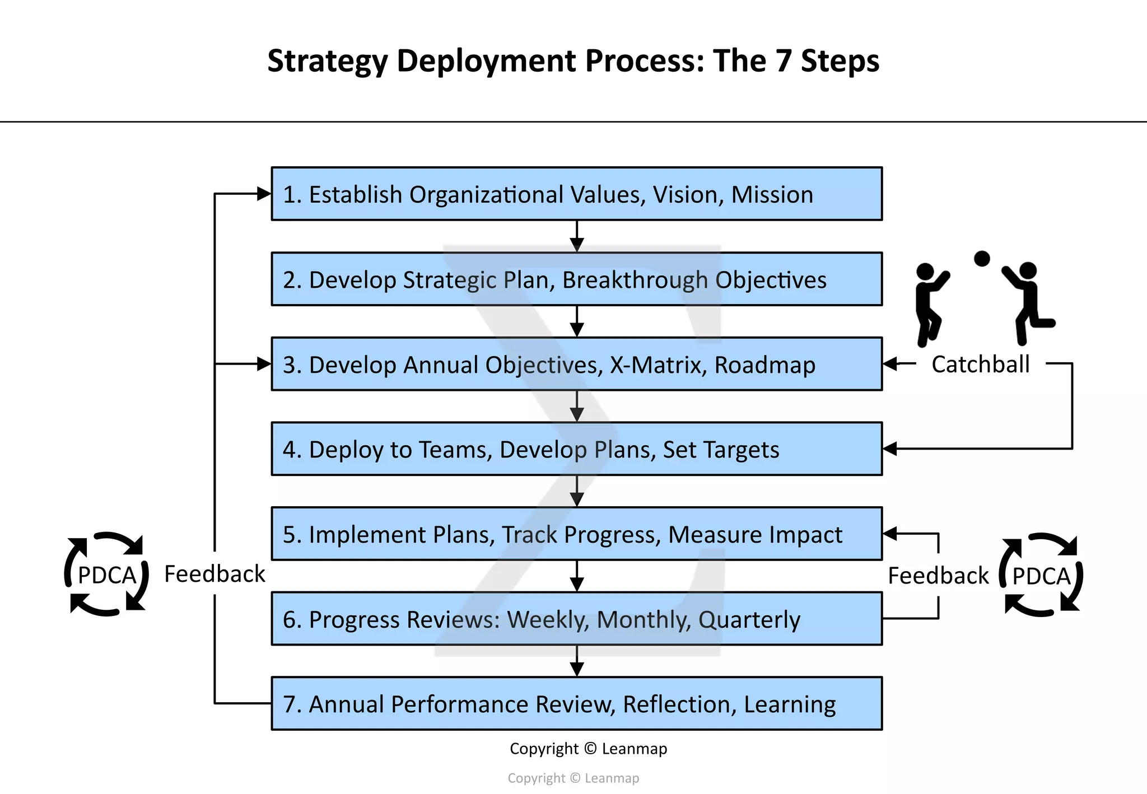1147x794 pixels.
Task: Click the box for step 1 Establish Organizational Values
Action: click(x=576, y=194)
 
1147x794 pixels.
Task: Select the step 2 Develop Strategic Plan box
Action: click(x=576, y=279)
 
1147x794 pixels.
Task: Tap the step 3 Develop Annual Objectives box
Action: click(x=576, y=364)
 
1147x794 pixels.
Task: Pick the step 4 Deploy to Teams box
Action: click(x=576, y=449)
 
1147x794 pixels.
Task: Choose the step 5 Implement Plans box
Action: click(x=576, y=534)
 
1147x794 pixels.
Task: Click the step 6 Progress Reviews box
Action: click(x=576, y=619)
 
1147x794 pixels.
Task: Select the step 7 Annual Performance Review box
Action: click(x=576, y=704)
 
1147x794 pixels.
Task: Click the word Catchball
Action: click(x=980, y=365)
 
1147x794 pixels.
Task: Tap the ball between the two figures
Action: click(x=982, y=259)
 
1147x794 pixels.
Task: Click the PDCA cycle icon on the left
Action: click(x=106, y=575)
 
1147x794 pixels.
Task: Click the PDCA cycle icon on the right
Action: click(x=1041, y=575)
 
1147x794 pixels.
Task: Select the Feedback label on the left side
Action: click(x=215, y=575)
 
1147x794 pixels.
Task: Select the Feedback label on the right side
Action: click(x=938, y=576)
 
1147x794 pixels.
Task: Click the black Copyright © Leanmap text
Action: click(x=588, y=749)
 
